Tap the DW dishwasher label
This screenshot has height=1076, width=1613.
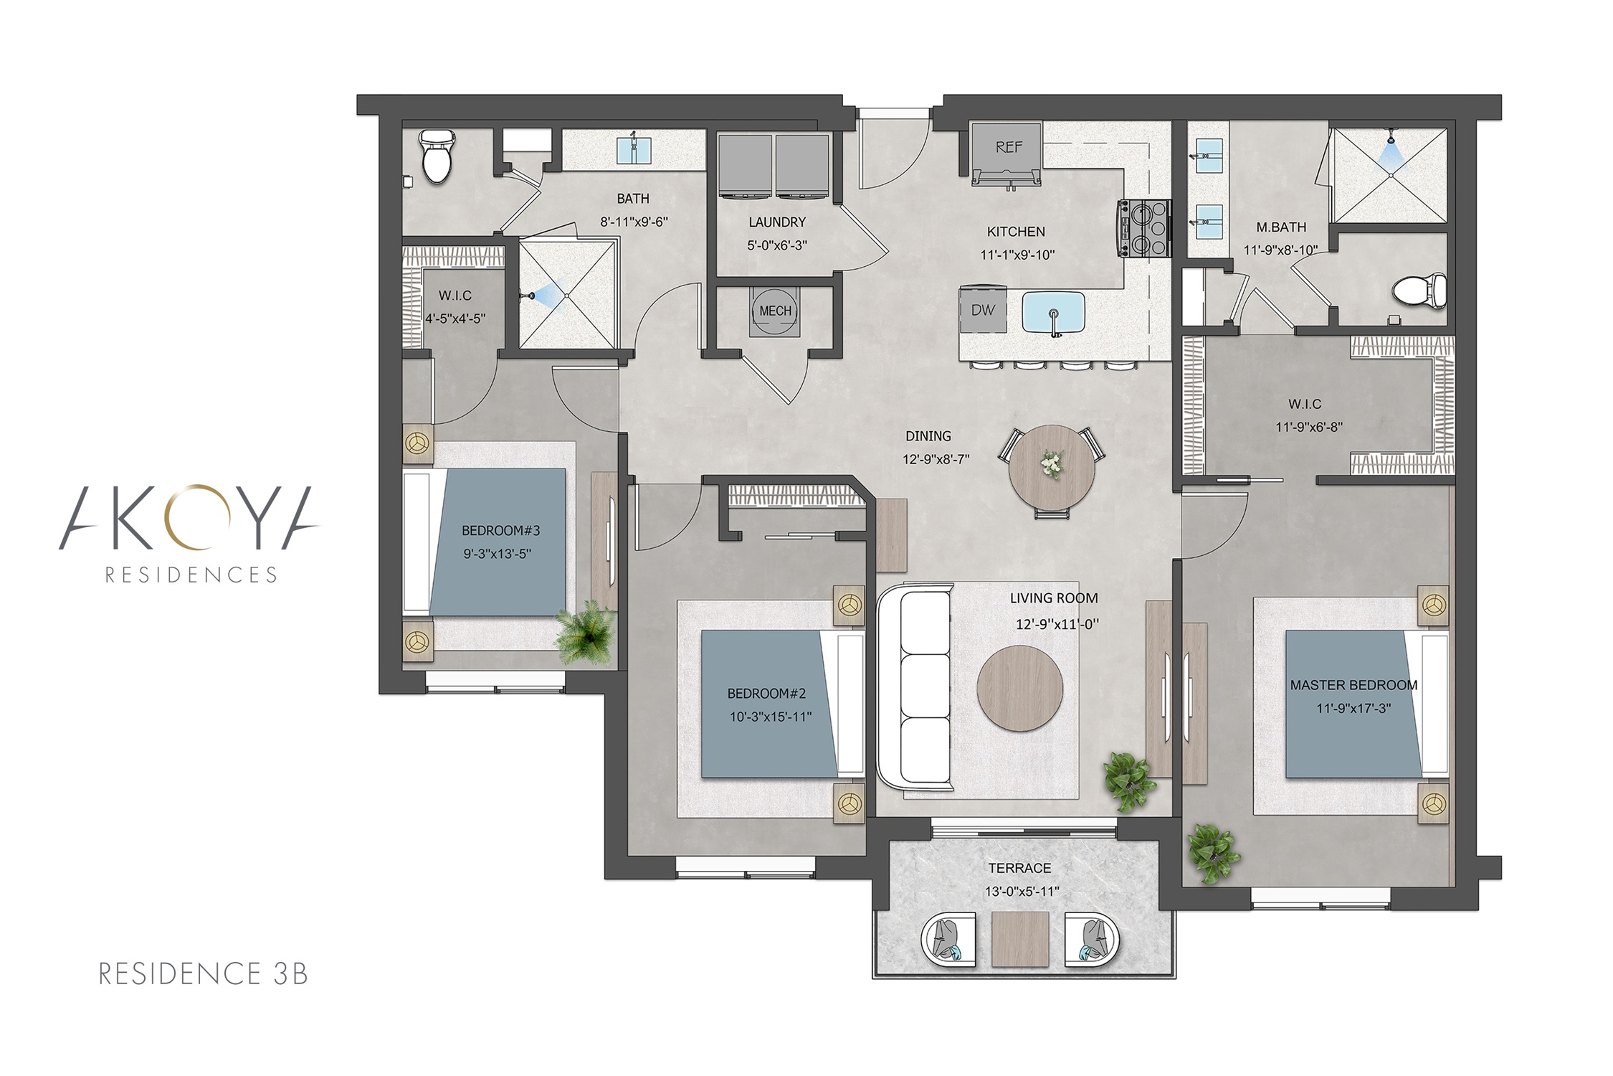tap(983, 310)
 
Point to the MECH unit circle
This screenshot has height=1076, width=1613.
tap(775, 311)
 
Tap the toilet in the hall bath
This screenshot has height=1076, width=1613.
tap(436, 156)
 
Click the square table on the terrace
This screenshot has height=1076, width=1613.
tap(1020, 940)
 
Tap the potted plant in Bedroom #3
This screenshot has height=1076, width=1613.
tap(586, 633)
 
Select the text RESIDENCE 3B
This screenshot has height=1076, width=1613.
tap(203, 973)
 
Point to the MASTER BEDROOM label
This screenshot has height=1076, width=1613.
tap(1353, 685)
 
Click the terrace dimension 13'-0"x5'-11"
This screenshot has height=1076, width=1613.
tap(1020, 892)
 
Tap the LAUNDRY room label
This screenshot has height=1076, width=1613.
tap(777, 222)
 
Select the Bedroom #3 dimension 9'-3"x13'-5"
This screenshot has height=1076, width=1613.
tap(497, 554)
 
